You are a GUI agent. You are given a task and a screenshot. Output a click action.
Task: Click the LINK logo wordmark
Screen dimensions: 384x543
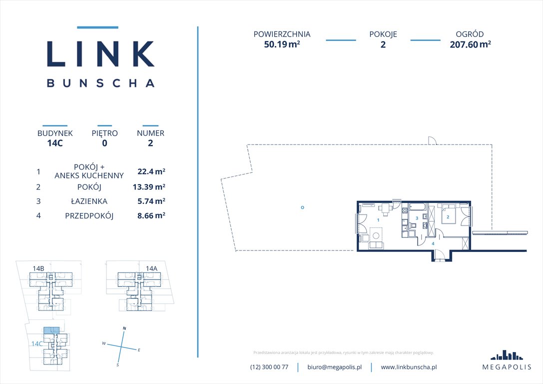[x=100, y=53]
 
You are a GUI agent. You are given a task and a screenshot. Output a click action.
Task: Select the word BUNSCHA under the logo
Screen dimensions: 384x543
[x=100, y=83]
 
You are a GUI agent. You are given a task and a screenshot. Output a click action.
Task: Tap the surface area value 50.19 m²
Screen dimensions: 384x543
[x=282, y=44]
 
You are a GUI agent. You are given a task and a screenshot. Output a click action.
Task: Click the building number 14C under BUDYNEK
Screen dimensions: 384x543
[x=55, y=142]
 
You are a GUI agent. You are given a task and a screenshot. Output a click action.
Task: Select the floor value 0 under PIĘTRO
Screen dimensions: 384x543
[x=104, y=142]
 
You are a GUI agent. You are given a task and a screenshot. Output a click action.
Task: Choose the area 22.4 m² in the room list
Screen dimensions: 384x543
[x=151, y=171]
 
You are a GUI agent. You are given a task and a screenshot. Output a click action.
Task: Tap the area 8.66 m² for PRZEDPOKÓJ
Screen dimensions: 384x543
[x=151, y=216]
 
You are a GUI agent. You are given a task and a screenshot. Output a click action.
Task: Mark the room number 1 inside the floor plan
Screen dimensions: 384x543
[x=378, y=220]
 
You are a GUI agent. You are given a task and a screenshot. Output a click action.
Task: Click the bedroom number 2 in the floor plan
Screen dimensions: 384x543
[x=448, y=217]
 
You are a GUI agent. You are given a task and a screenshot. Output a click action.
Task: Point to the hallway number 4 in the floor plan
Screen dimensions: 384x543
[x=433, y=243]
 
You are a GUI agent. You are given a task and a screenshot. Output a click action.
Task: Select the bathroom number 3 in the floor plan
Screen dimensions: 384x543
[x=417, y=218]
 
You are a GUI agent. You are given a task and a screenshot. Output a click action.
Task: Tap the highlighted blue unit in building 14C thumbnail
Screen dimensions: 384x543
[x=50, y=330]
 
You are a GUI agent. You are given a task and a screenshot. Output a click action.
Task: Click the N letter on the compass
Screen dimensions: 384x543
[x=124, y=328]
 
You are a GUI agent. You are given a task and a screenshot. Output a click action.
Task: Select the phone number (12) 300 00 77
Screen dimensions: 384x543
[x=269, y=367]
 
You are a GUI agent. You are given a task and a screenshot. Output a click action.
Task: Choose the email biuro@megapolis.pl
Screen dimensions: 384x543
[x=334, y=367]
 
